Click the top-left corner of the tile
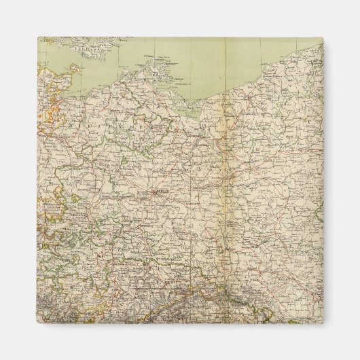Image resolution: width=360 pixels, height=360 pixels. coord(38,38)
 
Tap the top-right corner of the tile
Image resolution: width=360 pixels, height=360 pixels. coord(323,38)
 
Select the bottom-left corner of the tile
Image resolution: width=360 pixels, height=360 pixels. coord(38,322)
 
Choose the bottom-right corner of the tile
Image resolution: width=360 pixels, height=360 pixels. coord(323,322)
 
